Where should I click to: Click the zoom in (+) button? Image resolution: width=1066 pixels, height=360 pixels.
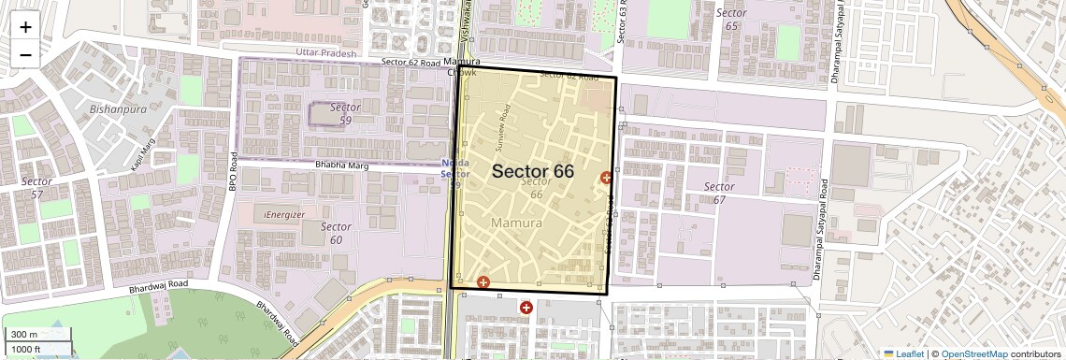pyautogui.click(x=25, y=27)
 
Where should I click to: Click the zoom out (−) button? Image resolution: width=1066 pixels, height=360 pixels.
pyautogui.click(x=25, y=55)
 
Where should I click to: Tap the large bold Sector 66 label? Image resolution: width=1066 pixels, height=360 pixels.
pyautogui.click(x=532, y=171)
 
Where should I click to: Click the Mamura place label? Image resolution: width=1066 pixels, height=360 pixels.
pyautogui.click(x=516, y=224)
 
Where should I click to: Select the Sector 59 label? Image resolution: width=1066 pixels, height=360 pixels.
pyautogui.click(x=345, y=114)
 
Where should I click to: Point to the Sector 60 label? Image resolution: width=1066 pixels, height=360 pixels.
pyautogui.click(x=336, y=233)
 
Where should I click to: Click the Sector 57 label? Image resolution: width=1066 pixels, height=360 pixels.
pyautogui.click(x=36, y=188)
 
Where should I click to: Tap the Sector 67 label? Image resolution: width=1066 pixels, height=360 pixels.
pyautogui.click(x=719, y=194)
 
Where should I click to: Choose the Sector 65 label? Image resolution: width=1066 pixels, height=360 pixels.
pyautogui.click(x=731, y=20)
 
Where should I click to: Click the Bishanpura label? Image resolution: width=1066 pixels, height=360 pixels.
pyautogui.click(x=118, y=108)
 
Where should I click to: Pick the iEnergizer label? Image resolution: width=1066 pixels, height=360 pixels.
pyautogui.click(x=284, y=215)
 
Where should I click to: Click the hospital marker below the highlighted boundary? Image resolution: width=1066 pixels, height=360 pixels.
pyautogui.click(x=526, y=307)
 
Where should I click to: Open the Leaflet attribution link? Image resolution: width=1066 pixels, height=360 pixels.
pyautogui.click(x=903, y=353)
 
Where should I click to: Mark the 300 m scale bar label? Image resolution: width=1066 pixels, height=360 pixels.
pyautogui.click(x=25, y=335)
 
